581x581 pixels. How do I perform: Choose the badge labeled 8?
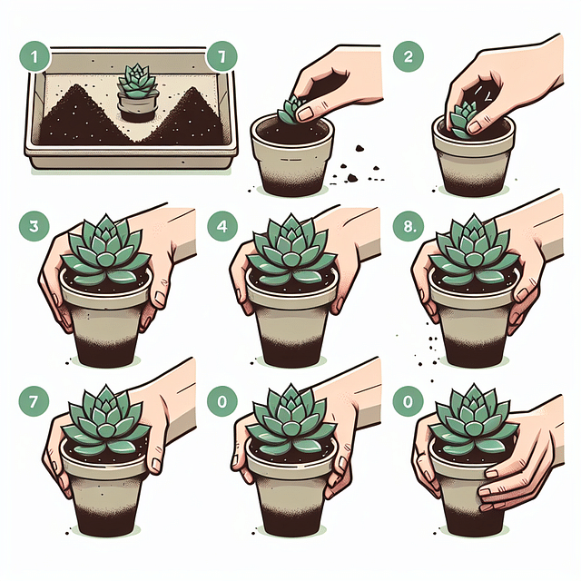[404, 227]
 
